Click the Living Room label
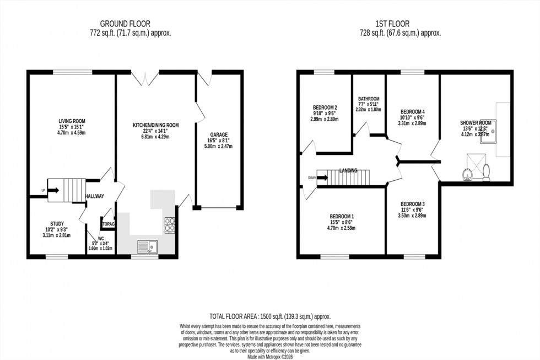[x=72, y=121]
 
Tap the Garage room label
[x=218, y=135]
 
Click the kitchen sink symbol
[x=147, y=246]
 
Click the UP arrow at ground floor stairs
[x=53, y=191]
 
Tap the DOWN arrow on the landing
[x=323, y=178]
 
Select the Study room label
[x=57, y=224]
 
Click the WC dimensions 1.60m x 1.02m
[x=100, y=249]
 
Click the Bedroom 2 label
[x=325, y=108]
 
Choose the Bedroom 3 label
[x=412, y=204]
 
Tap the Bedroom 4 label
[x=412, y=111]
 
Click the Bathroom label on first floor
[x=369, y=99]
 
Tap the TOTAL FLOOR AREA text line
[x=269, y=316]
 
